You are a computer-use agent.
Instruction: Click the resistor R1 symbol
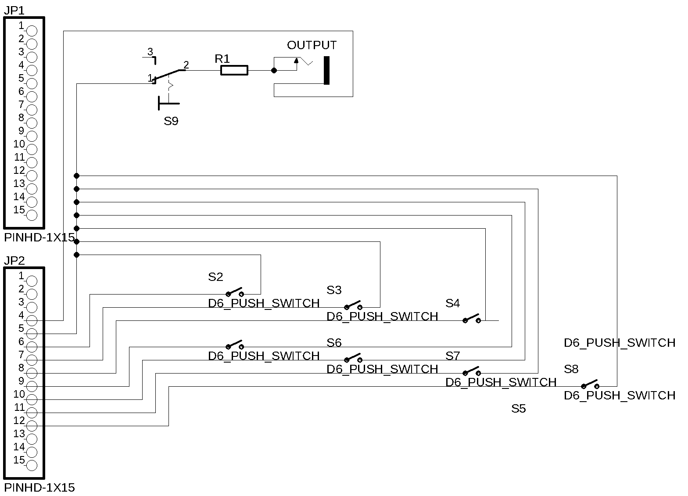coord(234,70)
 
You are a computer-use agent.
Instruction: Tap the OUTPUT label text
coord(312,45)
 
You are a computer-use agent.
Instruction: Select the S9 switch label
coord(171,121)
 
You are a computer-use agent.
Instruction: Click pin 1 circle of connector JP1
coord(32,31)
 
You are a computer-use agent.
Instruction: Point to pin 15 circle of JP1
coord(32,215)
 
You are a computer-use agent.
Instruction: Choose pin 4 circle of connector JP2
coord(32,320)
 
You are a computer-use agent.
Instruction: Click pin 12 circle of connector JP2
coord(32,426)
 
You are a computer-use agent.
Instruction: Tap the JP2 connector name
coord(14,261)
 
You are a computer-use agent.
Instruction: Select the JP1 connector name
coord(14,11)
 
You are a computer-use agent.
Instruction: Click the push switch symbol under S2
coord(234,292)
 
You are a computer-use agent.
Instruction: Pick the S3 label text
coord(334,290)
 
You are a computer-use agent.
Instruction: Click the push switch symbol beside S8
coord(590,385)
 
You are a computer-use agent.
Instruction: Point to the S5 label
coord(518,409)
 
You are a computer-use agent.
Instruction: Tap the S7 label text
coord(452,356)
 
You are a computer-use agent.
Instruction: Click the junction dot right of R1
coord(274,70)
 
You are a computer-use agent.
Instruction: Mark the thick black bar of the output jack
coord(326,70)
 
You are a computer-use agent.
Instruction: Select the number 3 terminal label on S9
coord(150,52)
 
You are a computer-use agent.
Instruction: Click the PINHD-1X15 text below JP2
coord(39,488)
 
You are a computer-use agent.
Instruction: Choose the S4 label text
coord(452,303)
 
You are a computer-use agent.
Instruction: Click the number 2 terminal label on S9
coord(186,65)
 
